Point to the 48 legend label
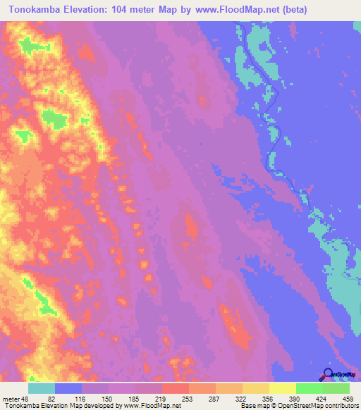[x=27, y=399]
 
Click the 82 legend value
[x=57, y=399]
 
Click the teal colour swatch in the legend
[x=42, y=388]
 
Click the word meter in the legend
[x=11, y=399]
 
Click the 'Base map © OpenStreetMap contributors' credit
[x=298, y=406]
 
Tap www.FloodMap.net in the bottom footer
[x=152, y=406]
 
